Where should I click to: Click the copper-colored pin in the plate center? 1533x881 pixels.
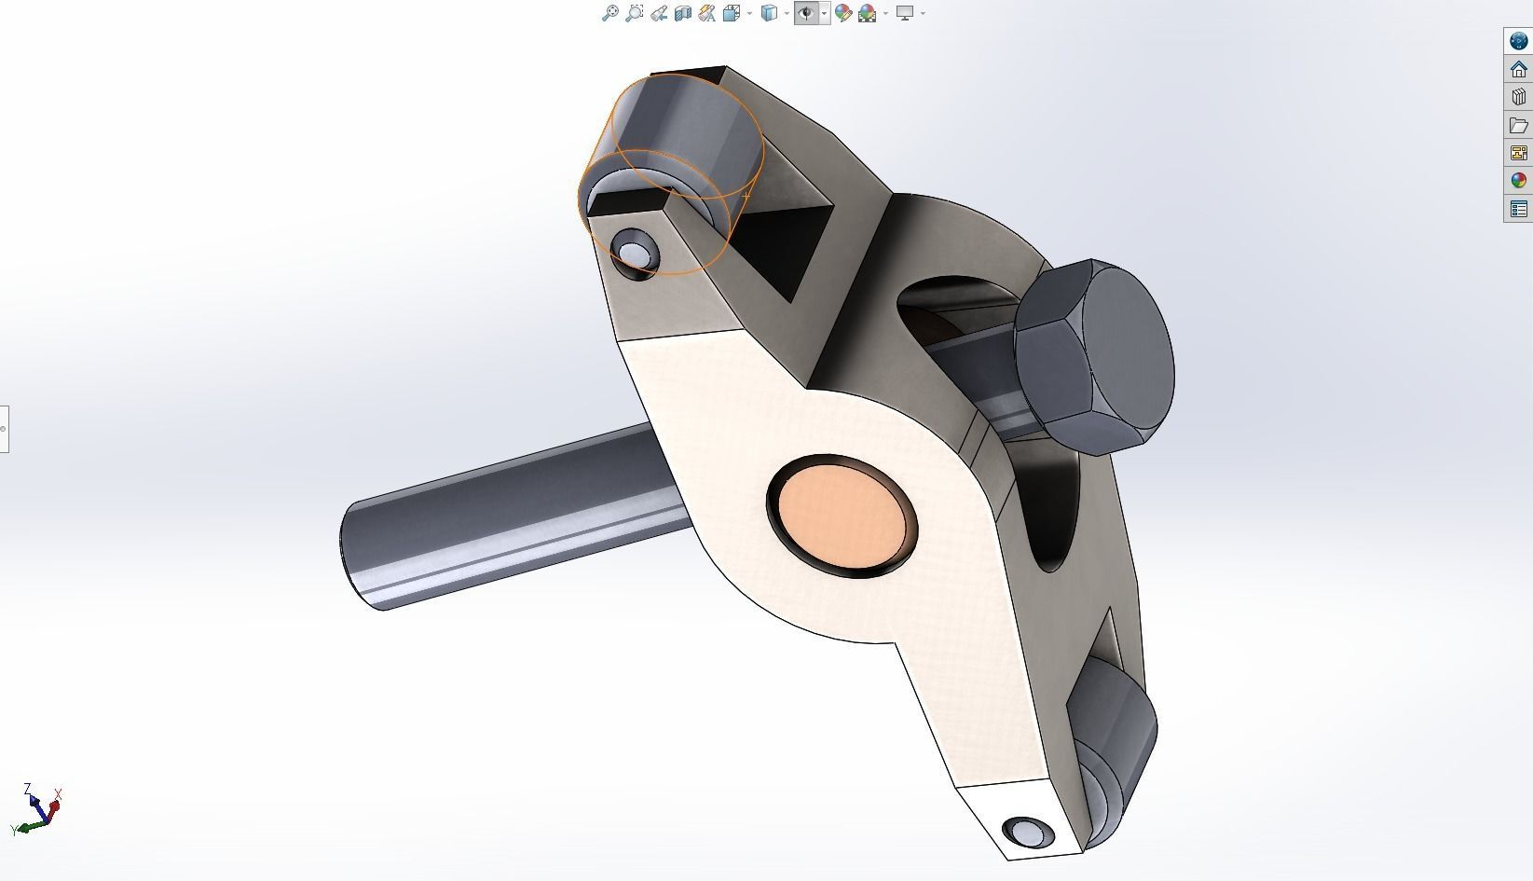click(841, 513)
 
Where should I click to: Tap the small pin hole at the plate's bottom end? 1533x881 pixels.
click(1027, 831)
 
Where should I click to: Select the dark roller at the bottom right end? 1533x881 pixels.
click(1114, 736)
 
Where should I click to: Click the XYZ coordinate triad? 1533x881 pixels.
click(37, 809)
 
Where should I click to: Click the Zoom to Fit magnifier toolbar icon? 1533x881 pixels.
click(609, 13)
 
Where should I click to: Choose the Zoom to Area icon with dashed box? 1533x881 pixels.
click(635, 13)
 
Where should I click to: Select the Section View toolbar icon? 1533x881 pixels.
click(683, 13)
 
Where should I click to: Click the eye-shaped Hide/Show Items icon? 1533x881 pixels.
click(806, 13)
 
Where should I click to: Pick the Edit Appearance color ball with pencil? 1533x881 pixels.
click(843, 13)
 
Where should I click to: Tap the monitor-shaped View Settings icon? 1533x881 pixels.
click(904, 13)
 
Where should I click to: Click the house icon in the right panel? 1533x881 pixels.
click(1519, 69)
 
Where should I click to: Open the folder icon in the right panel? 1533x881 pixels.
click(1519, 125)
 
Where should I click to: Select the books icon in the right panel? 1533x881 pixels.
click(1519, 97)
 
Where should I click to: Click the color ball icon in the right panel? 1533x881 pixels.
click(1519, 181)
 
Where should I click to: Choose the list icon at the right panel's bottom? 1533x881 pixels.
click(1519, 209)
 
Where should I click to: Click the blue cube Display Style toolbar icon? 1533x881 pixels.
click(769, 13)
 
